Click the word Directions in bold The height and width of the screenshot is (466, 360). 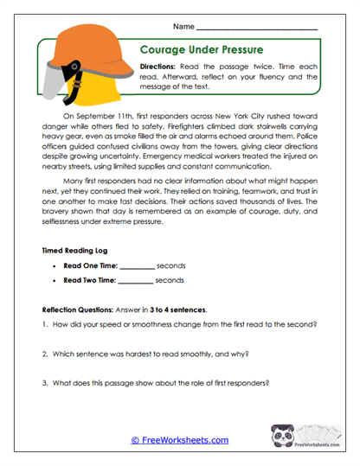coord(160,67)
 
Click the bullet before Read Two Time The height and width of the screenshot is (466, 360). coord(55,280)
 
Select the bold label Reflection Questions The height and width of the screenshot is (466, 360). coord(79,310)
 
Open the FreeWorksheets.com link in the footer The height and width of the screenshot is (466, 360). coord(179,440)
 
